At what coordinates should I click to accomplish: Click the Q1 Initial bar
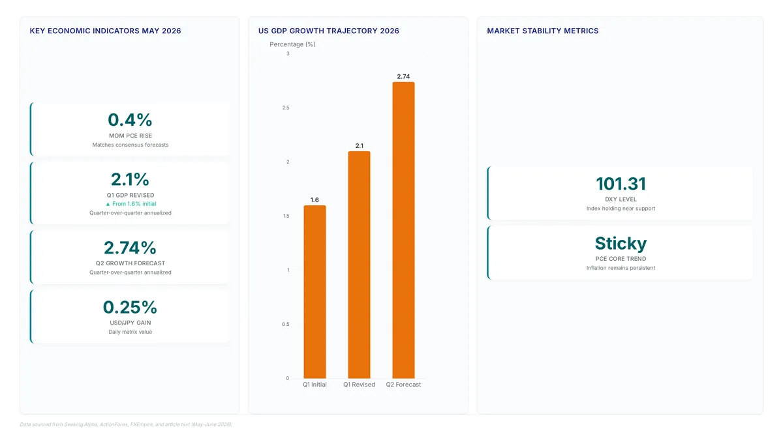(x=315, y=291)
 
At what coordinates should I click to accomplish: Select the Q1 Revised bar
(x=359, y=265)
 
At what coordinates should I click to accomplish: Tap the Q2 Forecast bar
(x=403, y=230)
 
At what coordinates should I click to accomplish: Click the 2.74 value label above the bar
(x=403, y=76)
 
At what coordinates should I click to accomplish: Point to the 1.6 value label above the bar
(x=315, y=199)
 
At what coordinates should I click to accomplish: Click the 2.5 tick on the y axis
(x=286, y=108)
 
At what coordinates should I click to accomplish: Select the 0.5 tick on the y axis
(x=286, y=324)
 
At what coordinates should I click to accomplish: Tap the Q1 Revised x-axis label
(x=359, y=385)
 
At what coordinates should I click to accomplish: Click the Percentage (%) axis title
(x=292, y=44)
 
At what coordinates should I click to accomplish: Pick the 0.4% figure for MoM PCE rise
(x=130, y=120)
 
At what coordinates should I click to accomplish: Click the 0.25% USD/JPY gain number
(x=130, y=307)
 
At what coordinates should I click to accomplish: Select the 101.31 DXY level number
(x=621, y=184)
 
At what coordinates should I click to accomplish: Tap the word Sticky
(x=621, y=243)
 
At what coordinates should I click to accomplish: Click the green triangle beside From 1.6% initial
(x=108, y=204)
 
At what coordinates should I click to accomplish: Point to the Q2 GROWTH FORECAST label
(x=130, y=263)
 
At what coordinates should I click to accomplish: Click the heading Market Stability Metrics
(x=542, y=31)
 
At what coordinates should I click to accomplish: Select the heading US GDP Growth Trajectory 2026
(x=329, y=31)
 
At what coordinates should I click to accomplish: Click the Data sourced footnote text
(x=126, y=424)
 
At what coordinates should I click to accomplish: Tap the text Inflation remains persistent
(x=621, y=268)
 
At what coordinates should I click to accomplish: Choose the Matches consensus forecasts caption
(x=130, y=145)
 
